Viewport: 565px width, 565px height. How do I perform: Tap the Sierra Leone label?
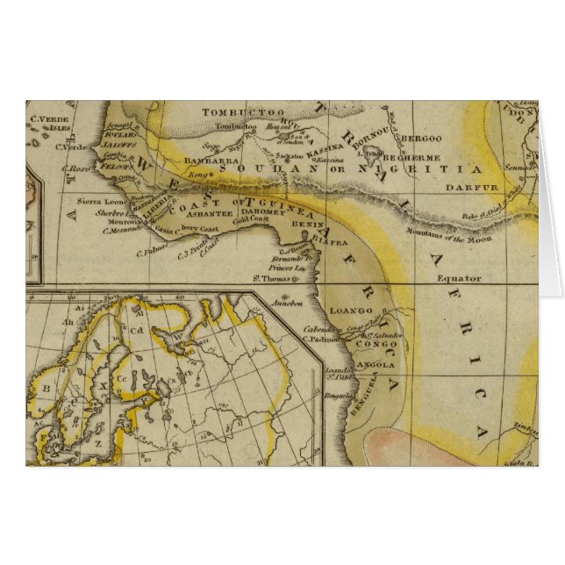coord(104,201)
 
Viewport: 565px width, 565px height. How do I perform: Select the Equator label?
coord(460,278)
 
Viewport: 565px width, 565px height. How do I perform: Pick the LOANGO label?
coord(351,311)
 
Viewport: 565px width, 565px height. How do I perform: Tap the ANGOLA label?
coord(376,364)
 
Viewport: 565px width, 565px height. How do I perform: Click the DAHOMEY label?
coord(262,211)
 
